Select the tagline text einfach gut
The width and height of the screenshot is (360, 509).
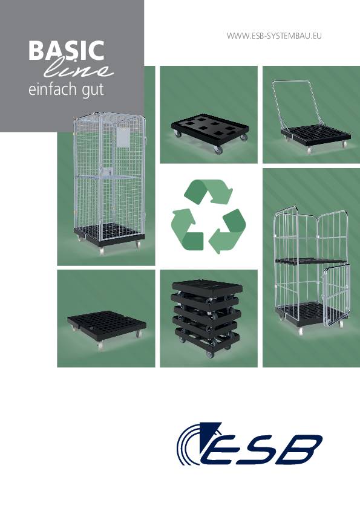pos(67,90)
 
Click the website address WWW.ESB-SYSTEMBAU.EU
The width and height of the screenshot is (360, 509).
pos(273,36)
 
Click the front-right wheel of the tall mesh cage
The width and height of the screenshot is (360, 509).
pos(137,244)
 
